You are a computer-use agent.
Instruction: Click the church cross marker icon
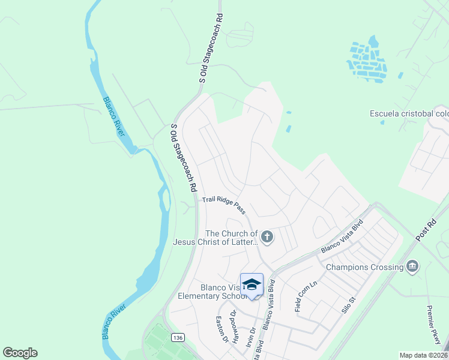268,238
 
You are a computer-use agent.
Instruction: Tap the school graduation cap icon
252,284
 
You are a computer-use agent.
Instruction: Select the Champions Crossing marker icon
412,266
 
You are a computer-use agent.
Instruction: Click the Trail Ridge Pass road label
224,205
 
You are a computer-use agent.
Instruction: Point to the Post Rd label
427,230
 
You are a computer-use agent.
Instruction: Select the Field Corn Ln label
306,296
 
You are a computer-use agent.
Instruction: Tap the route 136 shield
177,338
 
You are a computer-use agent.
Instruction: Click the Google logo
20,353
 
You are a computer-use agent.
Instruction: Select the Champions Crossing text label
364,267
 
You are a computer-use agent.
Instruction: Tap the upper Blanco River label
113,116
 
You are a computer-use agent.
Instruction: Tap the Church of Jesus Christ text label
215,238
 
